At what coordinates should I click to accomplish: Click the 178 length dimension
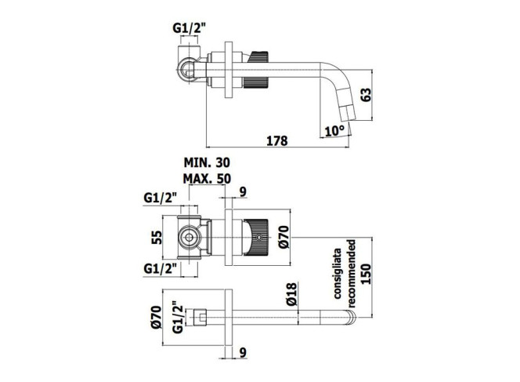[x=277, y=141]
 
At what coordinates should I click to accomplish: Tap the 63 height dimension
[x=367, y=95]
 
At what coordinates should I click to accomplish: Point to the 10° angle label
[x=334, y=130]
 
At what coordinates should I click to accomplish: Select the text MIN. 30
[x=207, y=163]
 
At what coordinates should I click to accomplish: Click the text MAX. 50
[x=207, y=179]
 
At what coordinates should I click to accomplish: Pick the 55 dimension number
[x=157, y=237]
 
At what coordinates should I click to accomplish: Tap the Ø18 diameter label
[x=292, y=294]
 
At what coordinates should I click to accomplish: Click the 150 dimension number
[x=367, y=274]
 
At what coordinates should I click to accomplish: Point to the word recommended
[x=352, y=274]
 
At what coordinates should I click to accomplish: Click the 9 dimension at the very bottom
[x=243, y=353]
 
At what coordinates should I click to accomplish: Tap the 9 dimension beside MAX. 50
[x=243, y=192]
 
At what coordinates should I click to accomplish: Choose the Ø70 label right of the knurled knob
[x=284, y=237]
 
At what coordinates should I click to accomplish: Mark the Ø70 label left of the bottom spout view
[x=156, y=317]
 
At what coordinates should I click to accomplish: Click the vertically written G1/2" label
[x=178, y=317]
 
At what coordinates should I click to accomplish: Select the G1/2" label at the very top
[x=190, y=28]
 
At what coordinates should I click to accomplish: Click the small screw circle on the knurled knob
[x=258, y=238]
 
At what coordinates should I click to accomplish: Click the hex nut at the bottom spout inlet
[x=200, y=317]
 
